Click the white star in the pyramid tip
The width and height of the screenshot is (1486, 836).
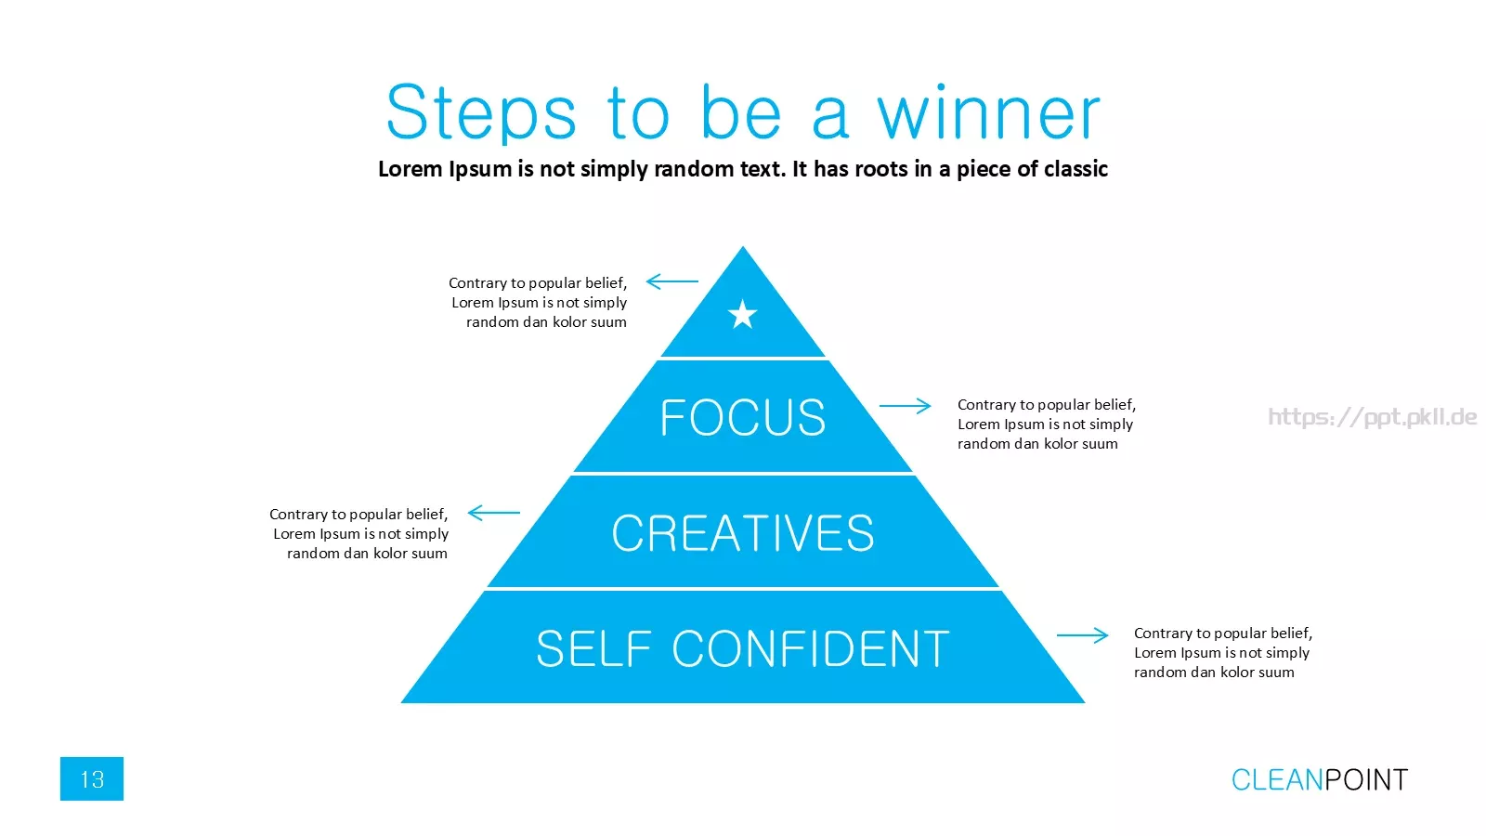pyautogui.click(x=742, y=314)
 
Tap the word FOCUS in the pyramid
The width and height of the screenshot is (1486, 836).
pyautogui.click(x=743, y=417)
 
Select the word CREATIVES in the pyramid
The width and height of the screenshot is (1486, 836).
pyautogui.click(x=743, y=533)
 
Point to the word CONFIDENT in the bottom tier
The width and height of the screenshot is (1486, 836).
pyautogui.click(x=811, y=648)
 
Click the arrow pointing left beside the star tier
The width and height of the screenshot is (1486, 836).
pyautogui.click(x=672, y=281)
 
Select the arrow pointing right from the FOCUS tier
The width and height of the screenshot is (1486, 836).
pyautogui.click(x=905, y=405)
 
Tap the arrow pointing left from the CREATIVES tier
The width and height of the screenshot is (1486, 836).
pyautogui.click(x=493, y=512)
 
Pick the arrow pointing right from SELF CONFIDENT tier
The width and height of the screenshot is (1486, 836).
pyautogui.click(x=1082, y=635)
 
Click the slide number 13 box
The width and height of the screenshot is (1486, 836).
pyautogui.click(x=92, y=778)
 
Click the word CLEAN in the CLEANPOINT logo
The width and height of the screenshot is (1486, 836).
pyautogui.click(x=1277, y=779)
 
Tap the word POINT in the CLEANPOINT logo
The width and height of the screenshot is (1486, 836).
pyautogui.click(x=1366, y=779)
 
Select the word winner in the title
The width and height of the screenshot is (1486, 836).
pyautogui.click(x=989, y=112)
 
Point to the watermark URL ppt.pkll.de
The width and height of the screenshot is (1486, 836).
pyautogui.click(x=1372, y=417)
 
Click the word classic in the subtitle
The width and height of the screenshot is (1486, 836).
pyautogui.click(x=1075, y=169)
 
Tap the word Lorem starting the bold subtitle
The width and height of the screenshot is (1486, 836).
pyautogui.click(x=410, y=169)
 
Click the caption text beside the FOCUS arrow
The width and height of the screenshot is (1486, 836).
pyautogui.click(x=1046, y=424)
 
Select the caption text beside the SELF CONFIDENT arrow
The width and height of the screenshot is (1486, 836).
pyautogui.click(x=1222, y=652)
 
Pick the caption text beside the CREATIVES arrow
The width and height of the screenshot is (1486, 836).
pyautogui.click(x=358, y=533)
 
